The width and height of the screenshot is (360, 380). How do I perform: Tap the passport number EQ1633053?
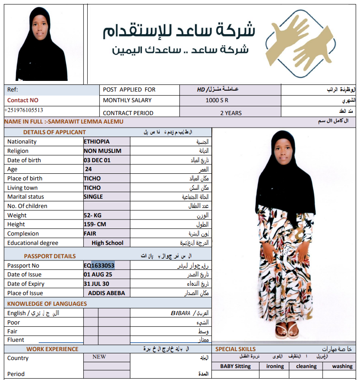[99, 265]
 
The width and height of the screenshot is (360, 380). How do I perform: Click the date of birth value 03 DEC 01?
[97, 160]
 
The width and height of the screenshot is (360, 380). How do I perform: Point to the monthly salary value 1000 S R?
[217, 100]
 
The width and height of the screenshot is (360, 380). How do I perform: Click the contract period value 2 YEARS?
[231, 113]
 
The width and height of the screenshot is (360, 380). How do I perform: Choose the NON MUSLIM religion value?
[102, 151]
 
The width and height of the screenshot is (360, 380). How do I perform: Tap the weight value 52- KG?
[93, 216]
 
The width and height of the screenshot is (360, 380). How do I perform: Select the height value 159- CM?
[94, 224]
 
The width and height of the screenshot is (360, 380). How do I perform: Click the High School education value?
[107, 243]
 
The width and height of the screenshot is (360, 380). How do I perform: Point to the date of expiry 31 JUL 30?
[97, 284]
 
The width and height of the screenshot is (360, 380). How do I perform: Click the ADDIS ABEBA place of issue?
[106, 293]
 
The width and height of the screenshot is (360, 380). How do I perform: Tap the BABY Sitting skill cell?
[235, 366]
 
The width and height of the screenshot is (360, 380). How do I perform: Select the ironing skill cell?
[275, 366]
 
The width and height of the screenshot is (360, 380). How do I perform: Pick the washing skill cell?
[342, 366]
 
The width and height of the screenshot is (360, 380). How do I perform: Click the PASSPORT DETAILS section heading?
[50, 256]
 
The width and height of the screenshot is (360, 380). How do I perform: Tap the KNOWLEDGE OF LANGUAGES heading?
[47, 304]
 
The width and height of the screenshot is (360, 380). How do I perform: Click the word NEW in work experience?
[99, 356]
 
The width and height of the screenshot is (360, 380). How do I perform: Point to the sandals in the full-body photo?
[286, 330]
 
